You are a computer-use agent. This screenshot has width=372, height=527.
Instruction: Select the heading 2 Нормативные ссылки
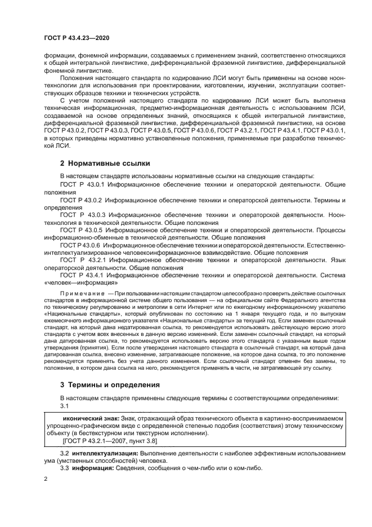(105, 163)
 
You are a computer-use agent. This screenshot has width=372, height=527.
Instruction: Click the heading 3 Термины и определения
(110, 385)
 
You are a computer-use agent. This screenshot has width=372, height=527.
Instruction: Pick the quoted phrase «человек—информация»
(81, 283)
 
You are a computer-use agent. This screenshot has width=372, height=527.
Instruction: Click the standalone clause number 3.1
(64, 406)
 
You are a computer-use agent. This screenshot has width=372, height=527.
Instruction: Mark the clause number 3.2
(64, 453)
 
